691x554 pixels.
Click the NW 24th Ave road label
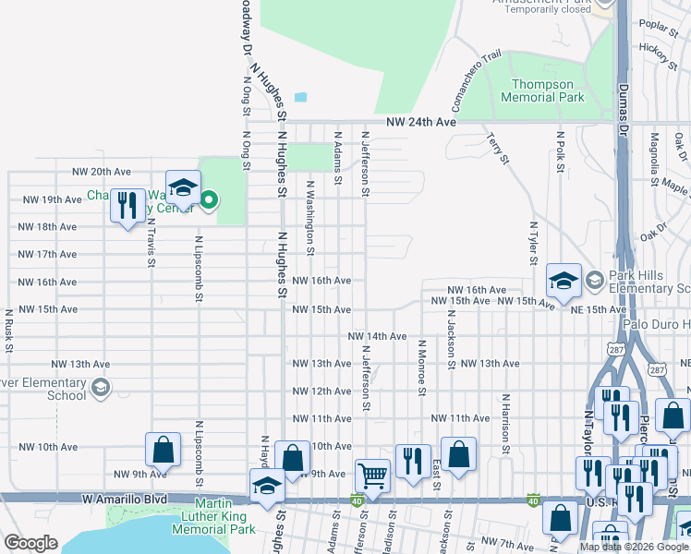click(x=421, y=122)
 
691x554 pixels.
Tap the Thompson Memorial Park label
click(x=542, y=90)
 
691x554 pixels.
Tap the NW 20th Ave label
click(x=102, y=172)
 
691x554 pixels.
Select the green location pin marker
click(x=210, y=199)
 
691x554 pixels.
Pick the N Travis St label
click(x=150, y=241)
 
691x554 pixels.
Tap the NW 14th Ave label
click(x=377, y=337)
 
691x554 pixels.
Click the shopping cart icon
click(x=372, y=476)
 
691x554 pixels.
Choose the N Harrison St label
click(x=505, y=426)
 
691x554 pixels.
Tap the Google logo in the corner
click(x=30, y=543)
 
